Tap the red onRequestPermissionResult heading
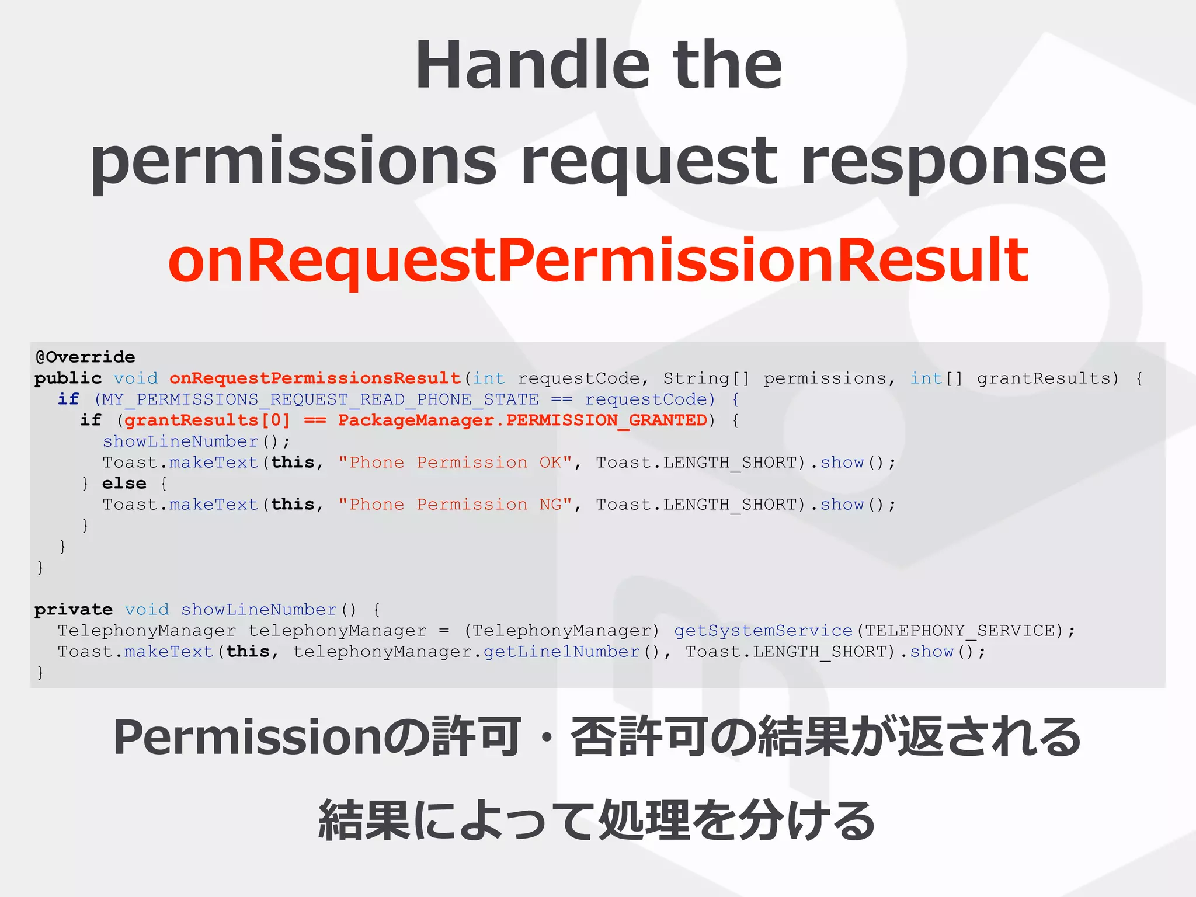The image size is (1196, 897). (x=597, y=260)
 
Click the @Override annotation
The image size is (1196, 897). (x=85, y=357)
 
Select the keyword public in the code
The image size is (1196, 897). (x=68, y=378)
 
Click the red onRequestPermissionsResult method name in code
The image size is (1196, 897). (x=315, y=378)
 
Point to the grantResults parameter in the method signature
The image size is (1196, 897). (x=1047, y=378)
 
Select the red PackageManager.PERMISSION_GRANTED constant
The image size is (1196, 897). (x=522, y=420)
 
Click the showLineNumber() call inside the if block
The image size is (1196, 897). (x=196, y=441)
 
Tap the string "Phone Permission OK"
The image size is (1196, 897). (x=456, y=463)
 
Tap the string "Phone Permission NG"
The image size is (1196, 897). (x=456, y=505)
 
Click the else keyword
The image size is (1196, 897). (x=124, y=484)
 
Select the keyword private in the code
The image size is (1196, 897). (x=73, y=610)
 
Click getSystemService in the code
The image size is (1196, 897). (x=763, y=631)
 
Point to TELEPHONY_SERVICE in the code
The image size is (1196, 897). (x=959, y=631)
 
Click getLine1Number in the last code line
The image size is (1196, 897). (x=561, y=652)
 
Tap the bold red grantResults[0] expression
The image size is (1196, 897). (x=207, y=420)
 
